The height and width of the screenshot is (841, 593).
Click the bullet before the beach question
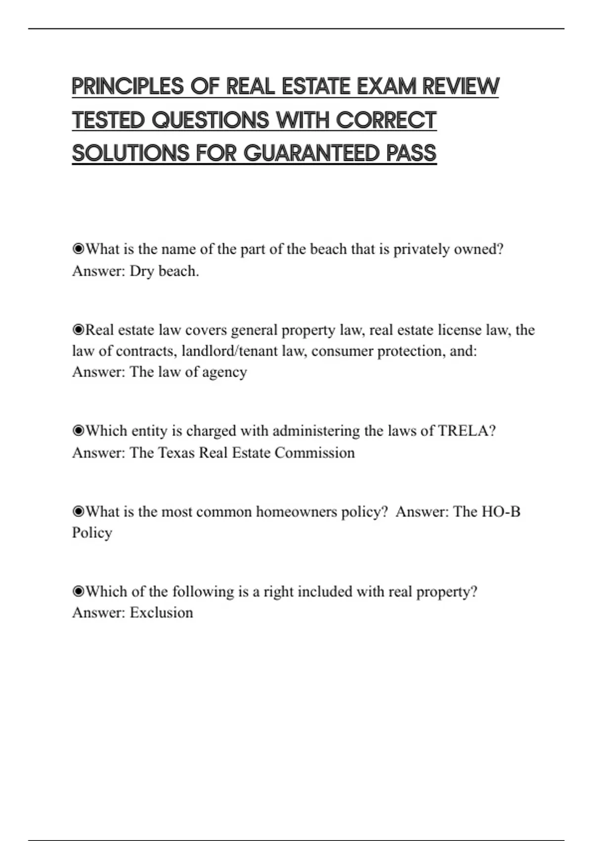tap(78, 249)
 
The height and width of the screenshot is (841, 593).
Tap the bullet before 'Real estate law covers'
tap(78, 329)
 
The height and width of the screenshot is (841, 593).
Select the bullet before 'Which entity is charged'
tap(78, 431)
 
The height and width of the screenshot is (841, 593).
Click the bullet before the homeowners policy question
tap(78, 512)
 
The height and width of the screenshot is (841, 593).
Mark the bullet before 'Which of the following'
tap(78, 592)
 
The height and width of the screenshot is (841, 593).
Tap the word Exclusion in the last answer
tap(161, 613)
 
